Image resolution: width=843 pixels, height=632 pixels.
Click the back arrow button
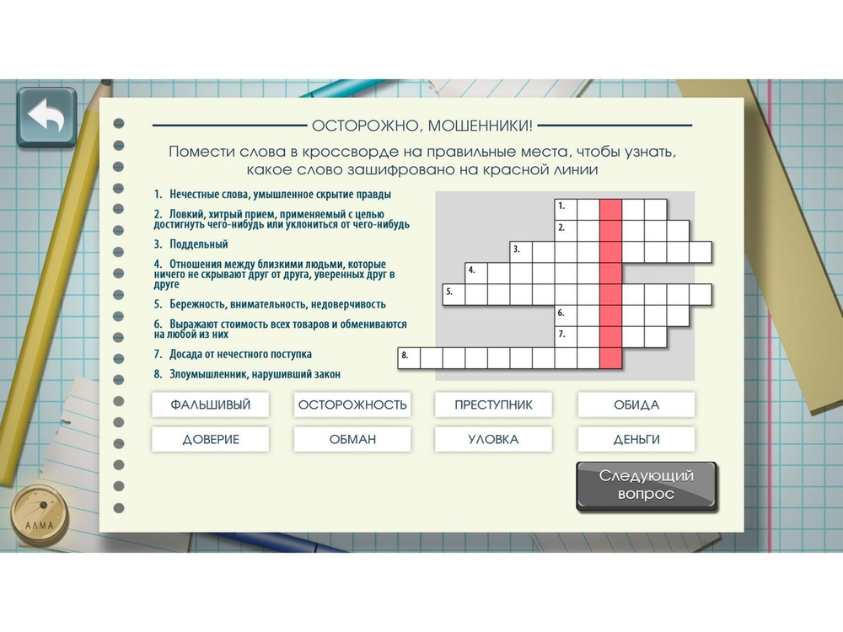point(46,117)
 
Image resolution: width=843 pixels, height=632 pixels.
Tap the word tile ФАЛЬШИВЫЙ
point(210,404)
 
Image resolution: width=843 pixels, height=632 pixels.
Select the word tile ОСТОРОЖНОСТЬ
point(352,404)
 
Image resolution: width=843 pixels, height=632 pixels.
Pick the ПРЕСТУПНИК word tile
point(493,404)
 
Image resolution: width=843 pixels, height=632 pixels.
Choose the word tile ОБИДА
point(636,404)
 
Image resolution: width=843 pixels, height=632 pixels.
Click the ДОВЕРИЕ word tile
point(210,439)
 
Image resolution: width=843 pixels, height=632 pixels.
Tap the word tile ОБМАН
point(352,439)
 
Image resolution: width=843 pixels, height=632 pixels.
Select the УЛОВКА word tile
point(493,439)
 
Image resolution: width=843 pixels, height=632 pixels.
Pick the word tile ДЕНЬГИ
point(636,439)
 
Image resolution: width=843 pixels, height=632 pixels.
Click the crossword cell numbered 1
point(566,210)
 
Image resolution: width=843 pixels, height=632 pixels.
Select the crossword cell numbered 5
point(454,294)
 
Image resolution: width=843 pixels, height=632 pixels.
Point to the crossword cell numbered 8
point(409,358)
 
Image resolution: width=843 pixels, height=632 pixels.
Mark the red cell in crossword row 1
point(610,210)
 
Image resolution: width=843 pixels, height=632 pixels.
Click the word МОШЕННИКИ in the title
point(480,126)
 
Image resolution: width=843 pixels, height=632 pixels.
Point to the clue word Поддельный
point(199,244)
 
